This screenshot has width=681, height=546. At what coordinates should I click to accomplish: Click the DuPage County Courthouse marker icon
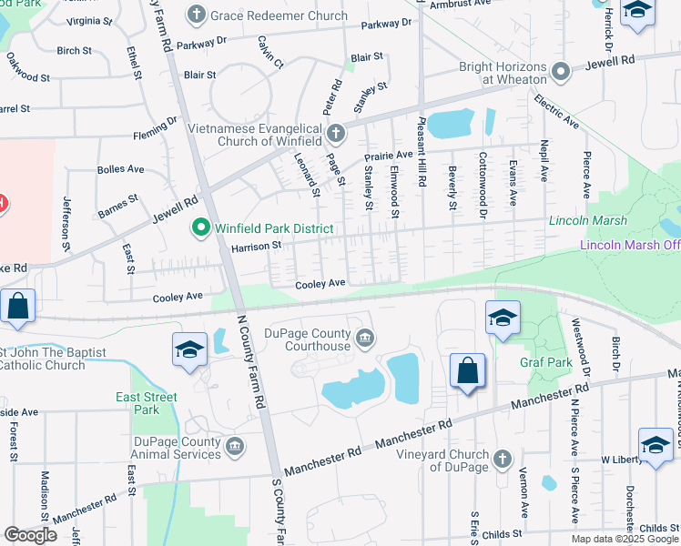[x=365, y=339]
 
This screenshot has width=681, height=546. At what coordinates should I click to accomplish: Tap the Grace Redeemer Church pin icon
[x=197, y=15]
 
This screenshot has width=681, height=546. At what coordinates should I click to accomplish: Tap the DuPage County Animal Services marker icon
[x=235, y=446]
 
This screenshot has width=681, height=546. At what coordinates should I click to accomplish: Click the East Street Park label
[x=147, y=403]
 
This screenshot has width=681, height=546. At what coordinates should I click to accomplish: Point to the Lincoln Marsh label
[x=583, y=221]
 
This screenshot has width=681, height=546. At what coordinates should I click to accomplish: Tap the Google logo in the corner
[x=31, y=535]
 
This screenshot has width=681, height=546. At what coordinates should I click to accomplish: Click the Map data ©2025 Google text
[x=625, y=539]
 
